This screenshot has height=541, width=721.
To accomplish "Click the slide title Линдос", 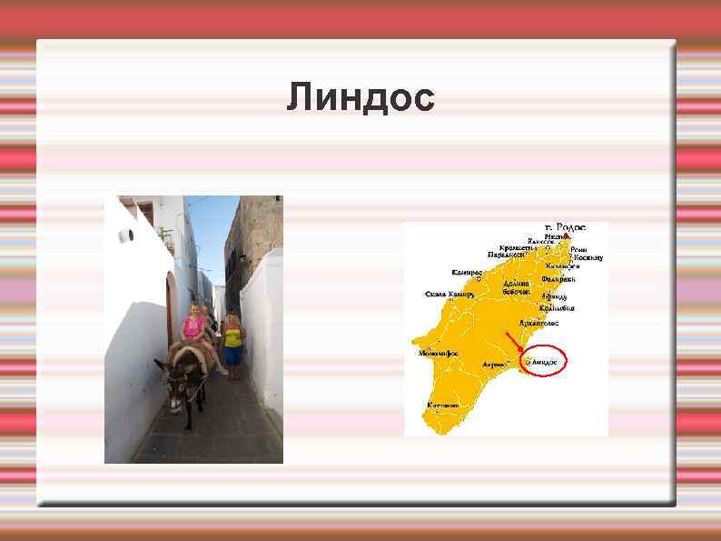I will [x=360, y=96].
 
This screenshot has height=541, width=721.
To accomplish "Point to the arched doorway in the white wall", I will [x=170, y=310].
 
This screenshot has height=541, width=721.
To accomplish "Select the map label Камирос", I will [x=467, y=272].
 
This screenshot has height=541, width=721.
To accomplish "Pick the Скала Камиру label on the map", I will [x=449, y=295].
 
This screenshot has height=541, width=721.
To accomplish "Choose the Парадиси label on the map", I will [x=508, y=255].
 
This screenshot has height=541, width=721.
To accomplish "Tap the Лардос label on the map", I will [x=494, y=363].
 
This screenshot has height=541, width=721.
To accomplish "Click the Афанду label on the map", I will [x=554, y=296].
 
